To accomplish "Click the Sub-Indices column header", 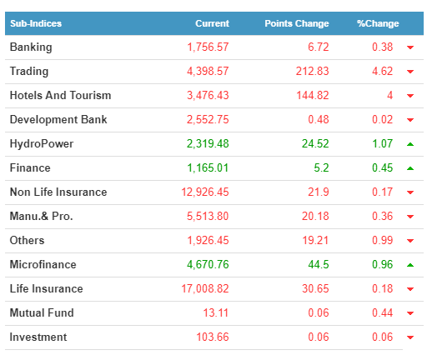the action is (36, 23).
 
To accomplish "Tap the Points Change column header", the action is (297, 23).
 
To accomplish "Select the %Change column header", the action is (378, 23).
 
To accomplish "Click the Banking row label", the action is (31, 47).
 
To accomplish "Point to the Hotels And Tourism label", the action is (60, 95).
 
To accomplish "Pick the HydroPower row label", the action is (42, 144).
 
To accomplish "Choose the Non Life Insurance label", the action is (58, 192).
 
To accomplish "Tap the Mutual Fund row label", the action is (42, 312).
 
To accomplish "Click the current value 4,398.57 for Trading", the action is (208, 72).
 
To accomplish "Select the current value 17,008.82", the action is (205, 289).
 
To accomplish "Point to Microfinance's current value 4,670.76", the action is (208, 265).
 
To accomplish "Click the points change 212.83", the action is (313, 72).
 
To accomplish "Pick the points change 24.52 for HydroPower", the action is (315, 144).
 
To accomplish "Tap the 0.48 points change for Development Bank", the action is (319, 120).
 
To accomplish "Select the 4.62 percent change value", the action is (383, 72).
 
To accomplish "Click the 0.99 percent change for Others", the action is (383, 241).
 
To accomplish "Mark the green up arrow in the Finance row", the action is (410, 168).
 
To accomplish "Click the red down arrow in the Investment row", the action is (410, 337).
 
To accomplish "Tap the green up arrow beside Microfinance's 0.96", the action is (410, 265).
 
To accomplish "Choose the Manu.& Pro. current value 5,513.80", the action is (208, 217).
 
